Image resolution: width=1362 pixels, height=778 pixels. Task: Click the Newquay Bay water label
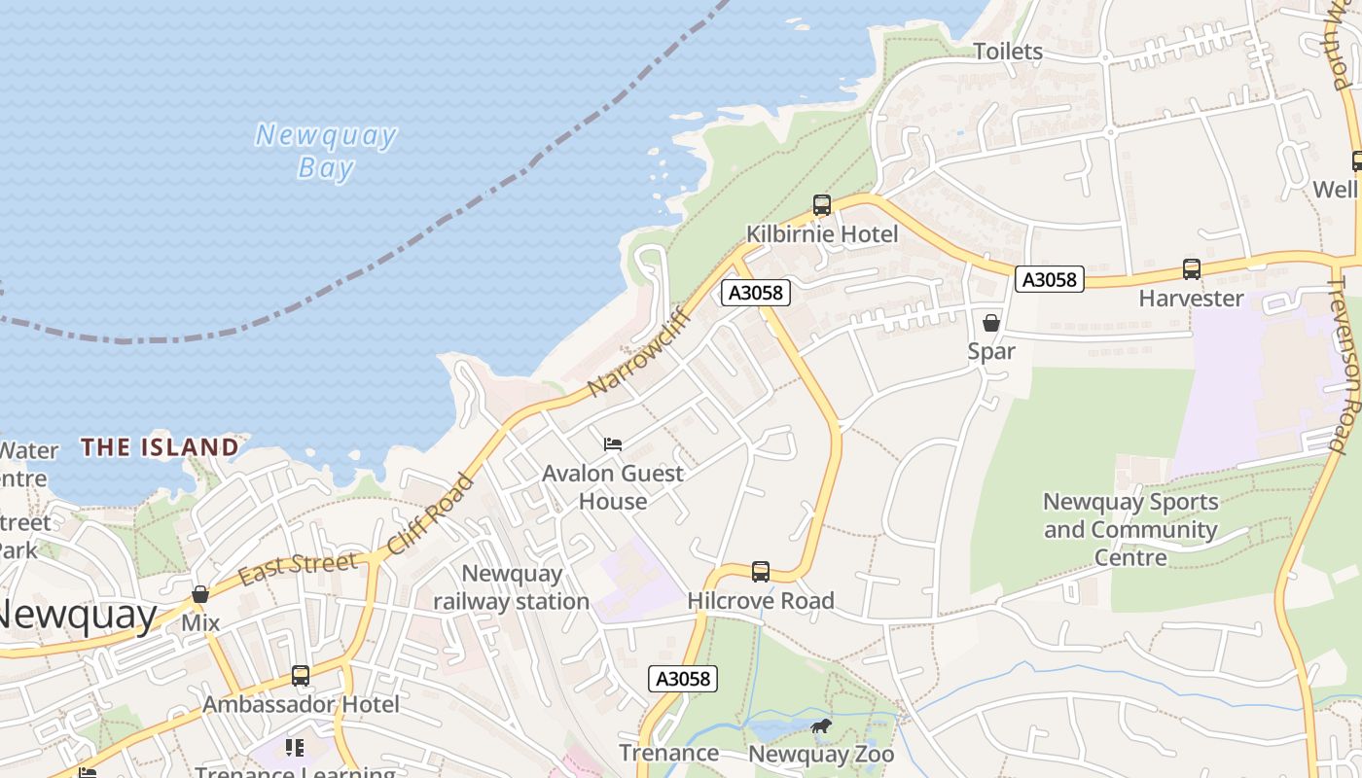[325, 151]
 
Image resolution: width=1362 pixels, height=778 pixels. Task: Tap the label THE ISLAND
[160, 447]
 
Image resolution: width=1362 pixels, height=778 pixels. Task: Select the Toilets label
[1008, 52]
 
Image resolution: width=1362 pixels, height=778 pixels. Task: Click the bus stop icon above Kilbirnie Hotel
[822, 205]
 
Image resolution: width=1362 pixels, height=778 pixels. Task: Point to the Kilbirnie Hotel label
[822, 234]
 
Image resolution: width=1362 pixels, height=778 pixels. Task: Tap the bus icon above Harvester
[1192, 269]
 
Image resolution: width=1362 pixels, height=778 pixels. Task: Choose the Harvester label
[1192, 299]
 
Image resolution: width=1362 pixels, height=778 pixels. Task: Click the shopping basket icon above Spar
[991, 323]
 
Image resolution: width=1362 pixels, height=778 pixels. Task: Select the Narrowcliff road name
[639, 352]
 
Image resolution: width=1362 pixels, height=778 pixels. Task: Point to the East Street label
[298, 569]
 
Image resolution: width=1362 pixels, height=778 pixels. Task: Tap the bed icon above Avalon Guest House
[613, 444]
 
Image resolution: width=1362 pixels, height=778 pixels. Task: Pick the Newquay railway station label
[511, 587]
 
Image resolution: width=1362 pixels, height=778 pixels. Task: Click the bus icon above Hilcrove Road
[761, 572]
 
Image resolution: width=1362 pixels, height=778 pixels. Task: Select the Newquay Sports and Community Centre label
[1130, 530]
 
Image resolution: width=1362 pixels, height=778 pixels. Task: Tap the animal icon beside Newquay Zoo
[821, 725]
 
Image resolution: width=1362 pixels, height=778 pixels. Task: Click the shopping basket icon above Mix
[200, 594]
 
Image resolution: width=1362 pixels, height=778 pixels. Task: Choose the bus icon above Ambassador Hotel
[301, 675]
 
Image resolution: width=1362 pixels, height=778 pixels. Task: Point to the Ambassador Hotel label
[301, 704]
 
